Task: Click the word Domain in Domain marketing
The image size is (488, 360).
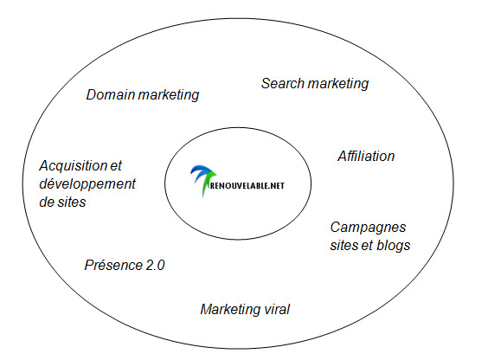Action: coord(111,94)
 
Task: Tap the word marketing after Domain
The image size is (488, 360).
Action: coord(169,95)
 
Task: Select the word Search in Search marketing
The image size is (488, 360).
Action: coord(283,83)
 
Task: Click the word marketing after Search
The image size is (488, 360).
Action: coord(338,84)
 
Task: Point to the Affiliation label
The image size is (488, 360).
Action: coord(366,156)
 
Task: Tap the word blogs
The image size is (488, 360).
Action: coord(394,246)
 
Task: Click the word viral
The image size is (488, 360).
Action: coord(277,309)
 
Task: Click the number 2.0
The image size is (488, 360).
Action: coord(155,266)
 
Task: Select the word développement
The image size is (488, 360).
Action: coord(87,184)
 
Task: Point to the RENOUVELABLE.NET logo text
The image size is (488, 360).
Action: coord(247,186)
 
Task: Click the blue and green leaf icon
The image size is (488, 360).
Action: coord(203,180)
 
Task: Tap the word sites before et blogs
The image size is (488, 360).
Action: coord(344,246)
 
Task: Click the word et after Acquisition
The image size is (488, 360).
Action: coord(116,166)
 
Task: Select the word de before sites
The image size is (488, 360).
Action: coord(47,202)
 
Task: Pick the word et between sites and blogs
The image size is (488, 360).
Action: coord(368,246)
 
